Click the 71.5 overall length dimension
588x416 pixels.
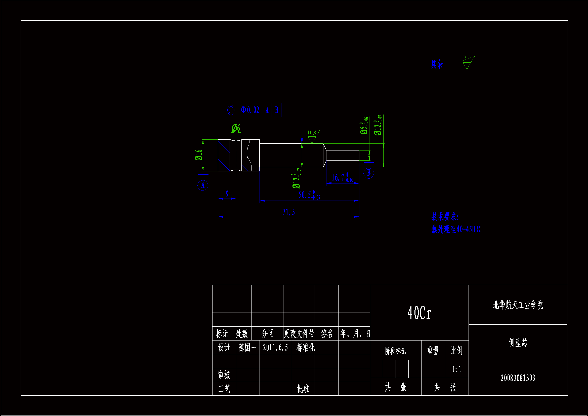[x=289, y=212]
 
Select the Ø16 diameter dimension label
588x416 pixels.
[x=199, y=155]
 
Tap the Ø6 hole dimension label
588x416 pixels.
[x=236, y=128]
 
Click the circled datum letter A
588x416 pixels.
[x=203, y=185]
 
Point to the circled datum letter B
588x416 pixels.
[x=369, y=173]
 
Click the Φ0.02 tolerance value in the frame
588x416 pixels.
[x=250, y=110]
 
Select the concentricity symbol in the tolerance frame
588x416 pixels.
[x=231, y=110]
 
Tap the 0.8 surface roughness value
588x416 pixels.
[x=312, y=133]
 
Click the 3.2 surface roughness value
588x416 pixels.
[x=467, y=58]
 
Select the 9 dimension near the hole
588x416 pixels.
[x=227, y=194]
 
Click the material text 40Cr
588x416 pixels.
[x=419, y=313]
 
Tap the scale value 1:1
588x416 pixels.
[x=457, y=369]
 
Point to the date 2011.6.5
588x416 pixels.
[x=275, y=348]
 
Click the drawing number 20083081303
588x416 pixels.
[x=518, y=378]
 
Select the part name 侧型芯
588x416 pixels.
[x=518, y=343]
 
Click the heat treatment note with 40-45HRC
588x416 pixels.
[x=456, y=229]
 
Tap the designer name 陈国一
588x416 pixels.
[x=247, y=348]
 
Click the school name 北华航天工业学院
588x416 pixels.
[x=518, y=305]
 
